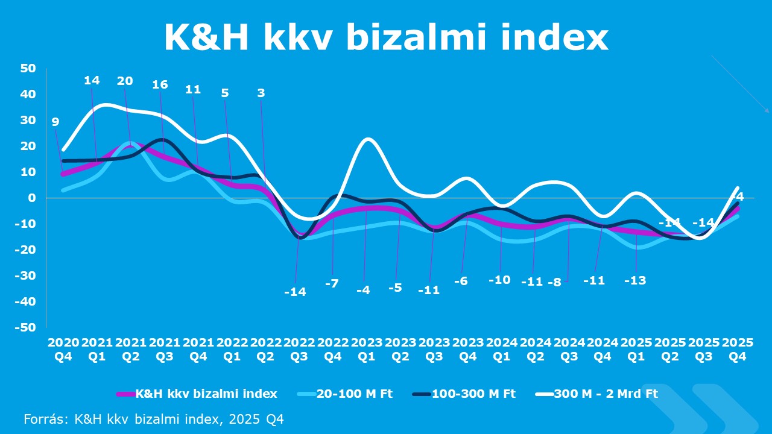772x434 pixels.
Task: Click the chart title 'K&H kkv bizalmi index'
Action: (386, 37)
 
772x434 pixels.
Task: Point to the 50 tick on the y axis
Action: (29, 68)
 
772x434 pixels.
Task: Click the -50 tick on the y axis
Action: (27, 327)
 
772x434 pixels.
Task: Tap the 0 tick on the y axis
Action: (33, 198)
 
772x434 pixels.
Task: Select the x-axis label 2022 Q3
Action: (300, 349)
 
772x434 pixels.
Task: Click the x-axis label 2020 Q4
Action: (63, 349)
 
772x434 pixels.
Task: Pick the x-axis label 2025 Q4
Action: (738, 349)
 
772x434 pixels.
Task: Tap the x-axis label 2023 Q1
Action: (367, 349)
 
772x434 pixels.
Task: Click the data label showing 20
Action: (125, 81)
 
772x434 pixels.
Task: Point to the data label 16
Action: (160, 84)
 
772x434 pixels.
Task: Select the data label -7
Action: (332, 283)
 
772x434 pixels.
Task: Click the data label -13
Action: (635, 280)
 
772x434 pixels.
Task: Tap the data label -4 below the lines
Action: (363, 290)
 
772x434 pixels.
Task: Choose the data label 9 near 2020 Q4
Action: (55, 122)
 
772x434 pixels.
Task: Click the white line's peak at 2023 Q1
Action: (367, 139)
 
